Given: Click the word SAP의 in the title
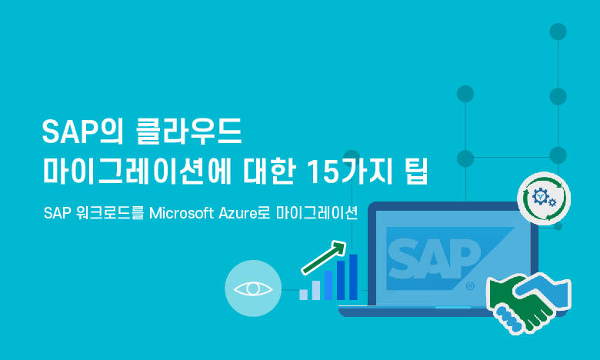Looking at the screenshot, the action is (x=82, y=132).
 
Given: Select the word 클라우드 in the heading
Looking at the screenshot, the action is (x=189, y=132).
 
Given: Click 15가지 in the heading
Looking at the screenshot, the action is (x=350, y=170).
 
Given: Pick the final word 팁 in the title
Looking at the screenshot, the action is (x=416, y=170).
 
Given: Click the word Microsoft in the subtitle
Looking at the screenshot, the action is (x=182, y=213).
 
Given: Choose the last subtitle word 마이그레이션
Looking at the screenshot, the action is (x=316, y=213).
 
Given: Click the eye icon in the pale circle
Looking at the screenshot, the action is (x=253, y=288).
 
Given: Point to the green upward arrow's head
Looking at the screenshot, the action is (x=338, y=247).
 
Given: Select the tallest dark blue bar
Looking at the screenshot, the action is (x=353, y=277).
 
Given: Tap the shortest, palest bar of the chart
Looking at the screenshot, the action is (x=303, y=295).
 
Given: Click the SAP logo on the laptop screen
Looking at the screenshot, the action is (x=435, y=259).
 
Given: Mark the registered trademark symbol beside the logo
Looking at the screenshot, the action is (x=470, y=286).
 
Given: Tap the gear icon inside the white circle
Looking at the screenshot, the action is (x=542, y=197).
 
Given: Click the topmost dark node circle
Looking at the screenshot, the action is (x=558, y=32).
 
